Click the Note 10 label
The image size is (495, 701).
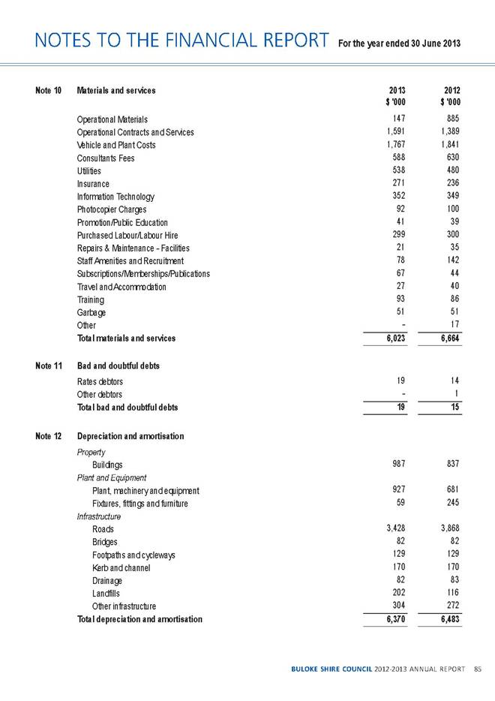pos(47,91)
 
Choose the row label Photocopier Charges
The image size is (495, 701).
pos(114,209)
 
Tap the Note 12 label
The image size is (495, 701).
pos(47,436)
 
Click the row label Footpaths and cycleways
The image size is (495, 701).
pos(133,555)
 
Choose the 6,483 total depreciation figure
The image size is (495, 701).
pos(445,619)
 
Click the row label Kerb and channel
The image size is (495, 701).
pos(121,568)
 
